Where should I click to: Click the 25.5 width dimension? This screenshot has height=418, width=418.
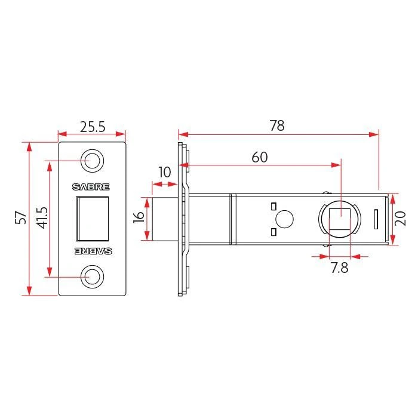tap(93, 126)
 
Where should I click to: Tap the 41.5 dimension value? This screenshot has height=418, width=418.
tap(41, 219)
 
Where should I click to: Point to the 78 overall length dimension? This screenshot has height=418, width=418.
tap(276, 125)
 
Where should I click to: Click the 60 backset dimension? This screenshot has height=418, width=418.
tap(259, 157)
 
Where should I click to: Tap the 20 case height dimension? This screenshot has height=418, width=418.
tap(401, 219)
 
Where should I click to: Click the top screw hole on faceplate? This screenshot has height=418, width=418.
tap(93, 160)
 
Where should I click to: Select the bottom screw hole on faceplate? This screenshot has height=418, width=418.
tap(93, 276)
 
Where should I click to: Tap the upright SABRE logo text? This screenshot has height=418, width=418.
tap(92, 186)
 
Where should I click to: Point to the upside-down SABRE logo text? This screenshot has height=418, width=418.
tap(92, 251)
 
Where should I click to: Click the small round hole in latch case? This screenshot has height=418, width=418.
tap(285, 219)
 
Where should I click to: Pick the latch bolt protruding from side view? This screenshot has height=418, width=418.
tap(165, 219)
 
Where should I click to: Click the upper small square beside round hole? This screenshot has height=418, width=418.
tap(273, 207)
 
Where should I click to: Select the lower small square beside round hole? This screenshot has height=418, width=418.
tap(273, 231)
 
